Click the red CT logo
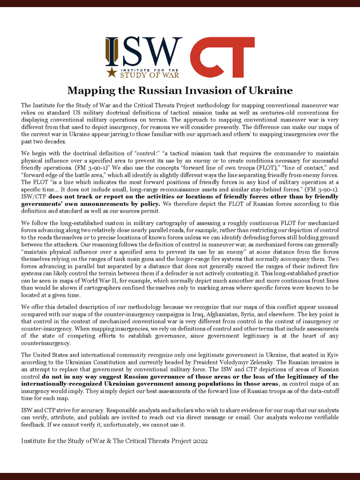(x=222, y=57)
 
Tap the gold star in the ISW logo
(x=111, y=72)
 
